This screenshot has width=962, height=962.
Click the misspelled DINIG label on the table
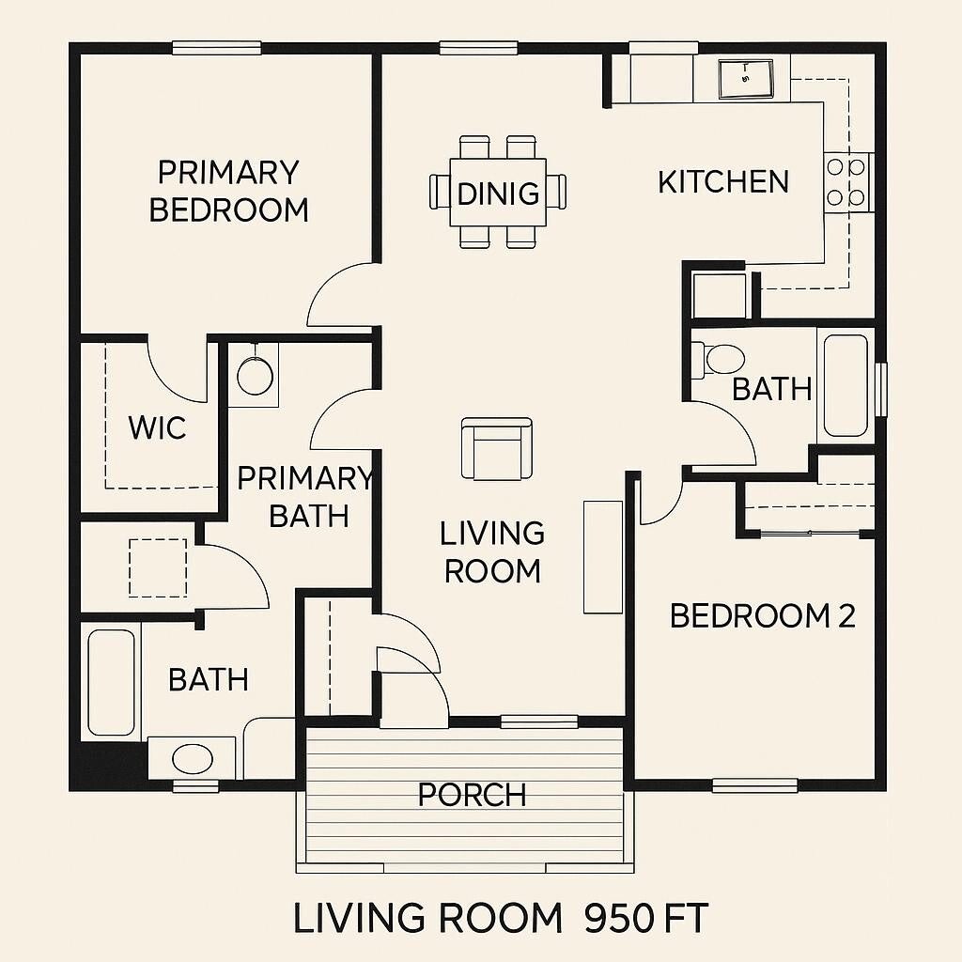(x=498, y=194)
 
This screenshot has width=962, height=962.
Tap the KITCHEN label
(x=723, y=181)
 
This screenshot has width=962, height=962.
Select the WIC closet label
(x=157, y=427)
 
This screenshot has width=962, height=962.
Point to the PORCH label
(x=472, y=795)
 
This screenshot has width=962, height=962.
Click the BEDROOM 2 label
(x=762, y=615)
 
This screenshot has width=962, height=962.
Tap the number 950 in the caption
(x=619, y=919)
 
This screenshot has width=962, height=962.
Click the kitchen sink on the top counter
(x=746, y=79)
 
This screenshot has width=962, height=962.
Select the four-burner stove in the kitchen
(x=846, y=182)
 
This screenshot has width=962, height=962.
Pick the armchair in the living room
(x=496, y=448)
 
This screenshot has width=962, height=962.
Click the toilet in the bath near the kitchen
(x=718, y=358)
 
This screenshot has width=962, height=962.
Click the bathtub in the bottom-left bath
(x=111, y=682)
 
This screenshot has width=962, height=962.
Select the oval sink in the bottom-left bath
(x=193, y=759)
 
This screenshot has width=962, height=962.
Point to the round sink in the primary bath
(x=255, y=376)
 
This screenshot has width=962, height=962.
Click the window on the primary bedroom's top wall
(x=217, y=48)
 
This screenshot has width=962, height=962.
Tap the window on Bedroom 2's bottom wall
(x=754, y=784)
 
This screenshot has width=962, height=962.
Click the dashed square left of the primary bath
(x=158, y=567)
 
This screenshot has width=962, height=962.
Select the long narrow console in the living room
(x=602, y=557)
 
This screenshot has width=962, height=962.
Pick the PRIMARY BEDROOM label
(x=229, y=191)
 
